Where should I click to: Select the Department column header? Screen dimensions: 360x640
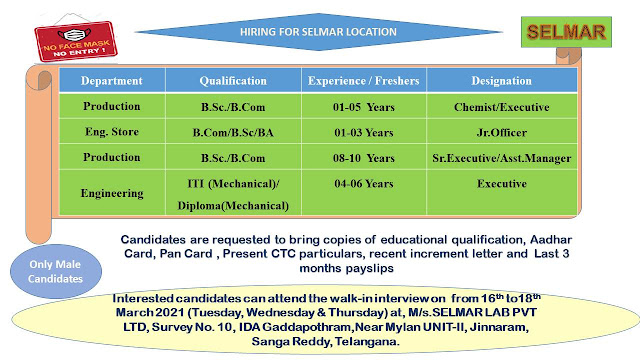click(112, 79)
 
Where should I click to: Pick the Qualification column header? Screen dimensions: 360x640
click(232, 79)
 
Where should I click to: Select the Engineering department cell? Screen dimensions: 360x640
click(112, 192)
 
